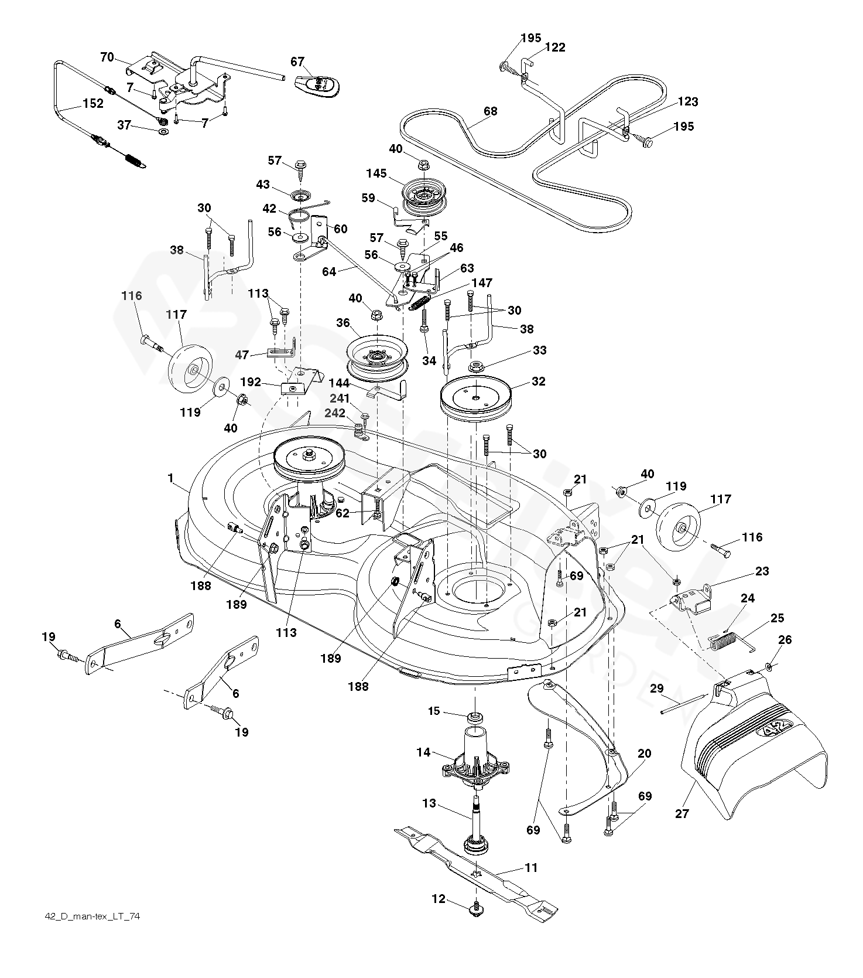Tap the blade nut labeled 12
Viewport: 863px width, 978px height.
[x=476, y=909]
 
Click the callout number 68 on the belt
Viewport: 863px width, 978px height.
[x=490, y=110]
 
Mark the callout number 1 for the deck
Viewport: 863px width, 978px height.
[x=170, y=479]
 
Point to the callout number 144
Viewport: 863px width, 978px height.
[x=340, y=384]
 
